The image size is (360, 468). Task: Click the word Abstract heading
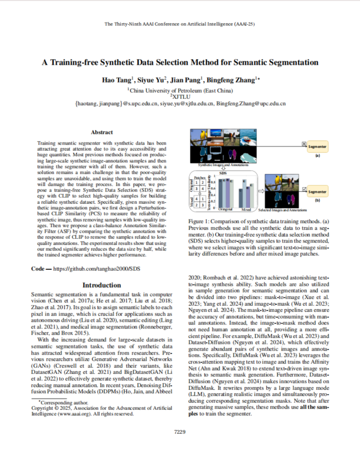coord(101,132)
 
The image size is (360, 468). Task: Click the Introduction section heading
coord(101,285)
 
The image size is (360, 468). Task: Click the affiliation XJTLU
coord(181,96)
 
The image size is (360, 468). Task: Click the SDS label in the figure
coord(223,172)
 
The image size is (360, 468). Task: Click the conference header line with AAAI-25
coord(179,25)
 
